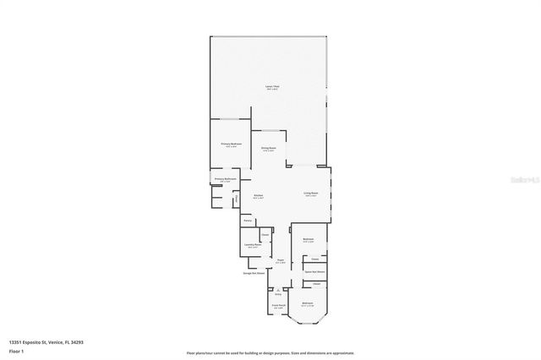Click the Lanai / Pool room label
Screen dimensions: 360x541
coord(270,89)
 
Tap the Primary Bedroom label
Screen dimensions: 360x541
coord(232,145)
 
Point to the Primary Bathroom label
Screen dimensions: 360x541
coord(225,179)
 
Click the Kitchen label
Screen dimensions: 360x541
coord(259,196)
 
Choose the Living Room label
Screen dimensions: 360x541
coord(311,194)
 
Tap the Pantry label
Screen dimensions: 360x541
coord(248,221)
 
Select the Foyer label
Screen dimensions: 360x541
coord(281,261)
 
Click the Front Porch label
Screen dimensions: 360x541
coord(278,305)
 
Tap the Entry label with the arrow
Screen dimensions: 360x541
coord(277,292)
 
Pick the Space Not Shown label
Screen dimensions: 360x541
coord(314,271)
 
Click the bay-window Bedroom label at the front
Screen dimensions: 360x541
coord(308,304)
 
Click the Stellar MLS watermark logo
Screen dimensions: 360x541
coord(517,180)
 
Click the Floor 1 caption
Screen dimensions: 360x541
coord(16,351)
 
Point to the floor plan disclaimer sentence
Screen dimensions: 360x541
coord(270,352)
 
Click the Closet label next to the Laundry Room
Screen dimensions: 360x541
coord(265,234)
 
